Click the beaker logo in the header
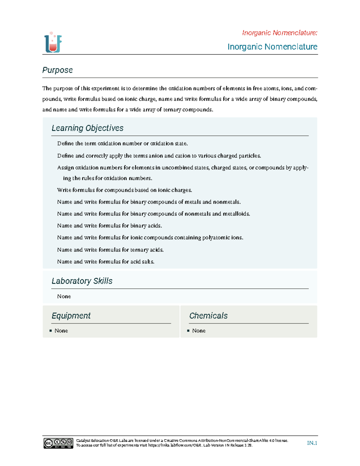pos(53,43)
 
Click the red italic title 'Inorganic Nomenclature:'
pos(280,33)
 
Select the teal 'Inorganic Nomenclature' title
pos(272,47)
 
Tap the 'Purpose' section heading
pos(57,70)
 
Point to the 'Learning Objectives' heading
pos(87,128)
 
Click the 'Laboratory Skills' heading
pos(82,281)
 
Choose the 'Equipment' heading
pos(71,316)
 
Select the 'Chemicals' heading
pos(208,316)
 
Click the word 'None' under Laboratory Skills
pos(64,296)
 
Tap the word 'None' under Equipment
pos(61,331)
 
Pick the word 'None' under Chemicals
pos(199,331)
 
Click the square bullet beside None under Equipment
pos(51,331)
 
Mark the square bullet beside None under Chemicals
pos(188,331)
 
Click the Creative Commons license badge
pos(58,443)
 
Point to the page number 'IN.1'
pos(312,443)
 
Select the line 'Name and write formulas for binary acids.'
pos(109,226)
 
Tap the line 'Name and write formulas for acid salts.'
pos(106,262)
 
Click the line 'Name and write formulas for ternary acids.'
pos(110,250)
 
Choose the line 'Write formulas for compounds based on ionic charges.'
pos(124,190)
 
